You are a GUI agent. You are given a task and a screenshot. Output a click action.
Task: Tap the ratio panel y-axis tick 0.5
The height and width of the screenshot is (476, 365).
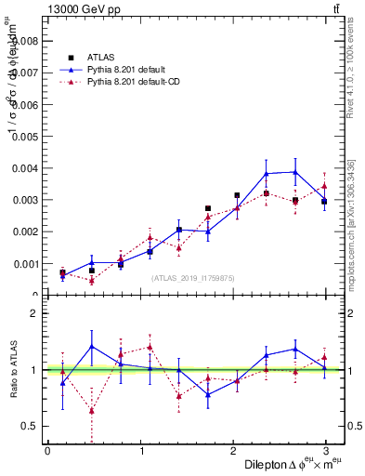29,426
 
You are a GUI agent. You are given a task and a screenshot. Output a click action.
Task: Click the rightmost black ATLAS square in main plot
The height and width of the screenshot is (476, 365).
324,201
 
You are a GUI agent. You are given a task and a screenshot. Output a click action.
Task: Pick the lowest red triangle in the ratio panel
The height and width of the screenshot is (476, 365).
92,410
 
